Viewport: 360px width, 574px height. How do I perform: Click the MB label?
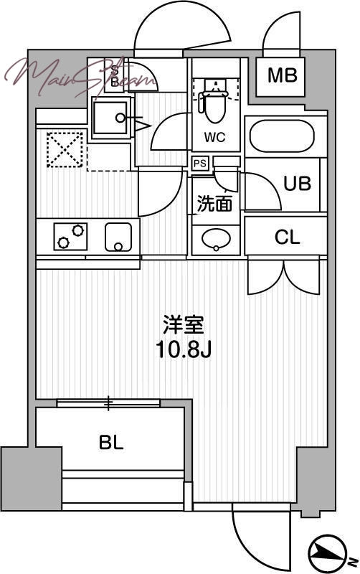283,75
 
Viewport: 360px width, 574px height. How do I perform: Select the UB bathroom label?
297,184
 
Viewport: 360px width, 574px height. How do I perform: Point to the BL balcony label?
111,442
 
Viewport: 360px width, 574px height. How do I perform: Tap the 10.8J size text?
184,352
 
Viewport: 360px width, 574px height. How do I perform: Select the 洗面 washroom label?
214,204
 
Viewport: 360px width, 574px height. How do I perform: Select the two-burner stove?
70,236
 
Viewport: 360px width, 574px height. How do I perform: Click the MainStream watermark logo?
79,75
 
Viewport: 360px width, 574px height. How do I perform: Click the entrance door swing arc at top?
182,29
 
